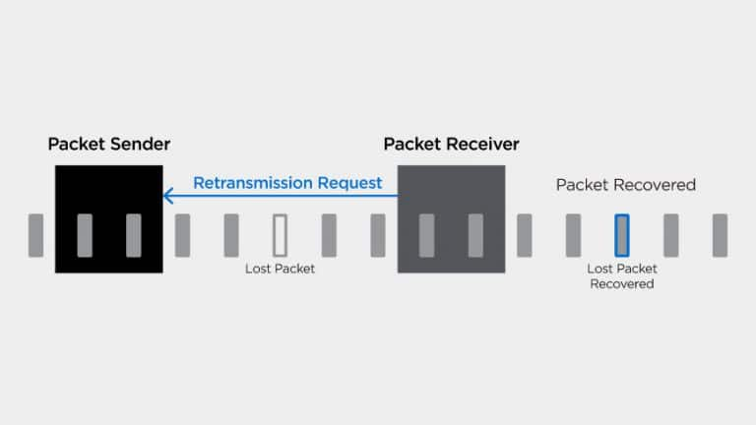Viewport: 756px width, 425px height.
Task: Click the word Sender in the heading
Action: coord(140,144)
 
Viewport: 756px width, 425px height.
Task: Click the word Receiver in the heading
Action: coord(482,144)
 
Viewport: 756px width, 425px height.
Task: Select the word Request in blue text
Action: coord(349,184)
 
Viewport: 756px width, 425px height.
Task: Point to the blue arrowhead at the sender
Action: coord(167,196)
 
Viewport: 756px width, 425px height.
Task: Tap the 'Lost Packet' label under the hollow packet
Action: coord(280,269)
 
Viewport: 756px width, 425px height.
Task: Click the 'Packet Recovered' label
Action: coord(626,185)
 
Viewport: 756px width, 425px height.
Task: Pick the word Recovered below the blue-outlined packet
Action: coord(622,283)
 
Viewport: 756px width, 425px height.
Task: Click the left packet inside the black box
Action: coord(85,235)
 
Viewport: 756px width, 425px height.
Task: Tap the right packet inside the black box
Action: coord(134,235)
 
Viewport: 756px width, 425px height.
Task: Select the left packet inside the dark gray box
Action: coord(426,235)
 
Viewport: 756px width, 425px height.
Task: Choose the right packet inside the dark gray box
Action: coord(475,235)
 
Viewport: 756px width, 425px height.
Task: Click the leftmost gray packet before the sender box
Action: coord(35,235)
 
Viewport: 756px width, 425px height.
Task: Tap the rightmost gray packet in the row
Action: coord(720,235)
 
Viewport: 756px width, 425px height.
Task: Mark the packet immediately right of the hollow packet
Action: coord(329,235)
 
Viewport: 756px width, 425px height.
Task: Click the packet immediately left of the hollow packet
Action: coord(231,235)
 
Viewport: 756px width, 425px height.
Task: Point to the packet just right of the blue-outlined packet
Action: coord(671,235)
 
